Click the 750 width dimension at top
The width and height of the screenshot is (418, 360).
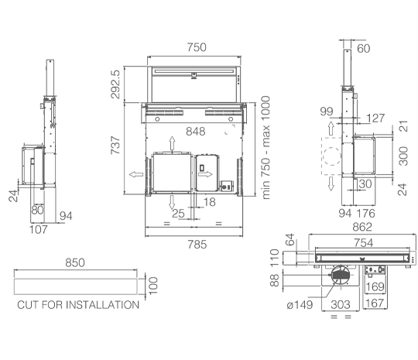point(197,47)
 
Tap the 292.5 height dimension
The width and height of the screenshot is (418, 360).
point(115,84)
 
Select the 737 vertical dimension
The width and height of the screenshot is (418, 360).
point(115,146)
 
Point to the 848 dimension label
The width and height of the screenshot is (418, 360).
point(196,132)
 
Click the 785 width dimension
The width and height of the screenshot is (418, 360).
point(197,245)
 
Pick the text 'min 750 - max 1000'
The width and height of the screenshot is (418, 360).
point(266,147)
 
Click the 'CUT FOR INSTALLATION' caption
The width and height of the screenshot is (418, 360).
point(78,305)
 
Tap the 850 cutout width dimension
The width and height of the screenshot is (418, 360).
point(75,263)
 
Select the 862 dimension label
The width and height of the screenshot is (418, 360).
point(362,227)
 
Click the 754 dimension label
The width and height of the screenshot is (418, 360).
point(363,243)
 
